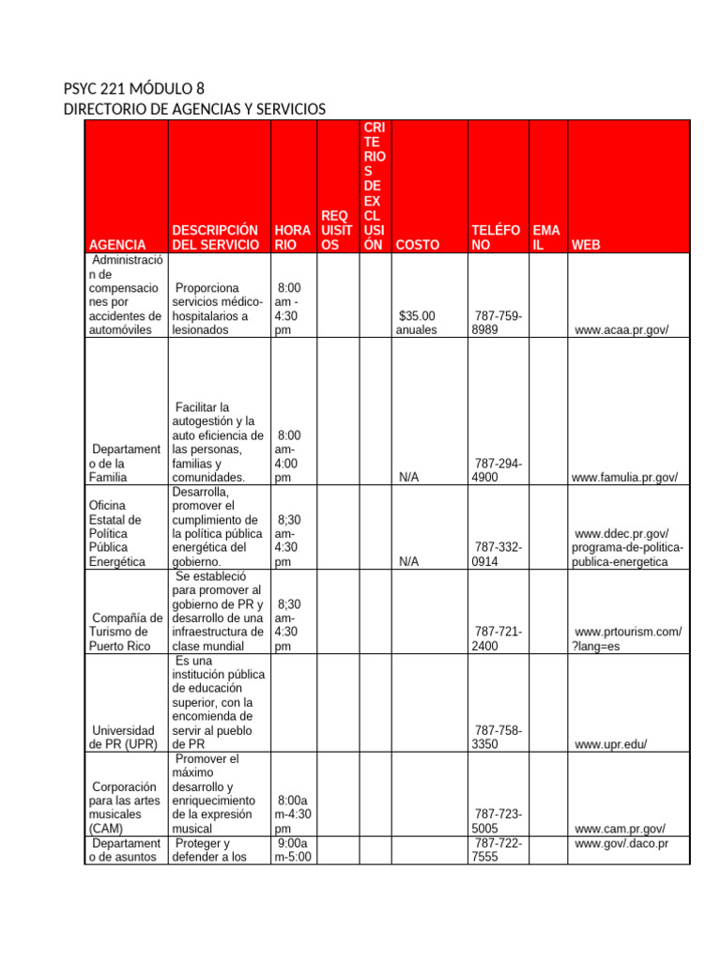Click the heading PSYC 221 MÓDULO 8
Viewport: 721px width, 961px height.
point(133,90)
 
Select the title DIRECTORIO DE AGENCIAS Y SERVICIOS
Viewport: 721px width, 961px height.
point(194,110)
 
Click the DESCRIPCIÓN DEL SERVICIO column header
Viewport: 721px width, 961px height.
point(216,237)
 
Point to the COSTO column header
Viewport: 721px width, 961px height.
point(418,245)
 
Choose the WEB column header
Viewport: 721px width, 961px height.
point(586,245)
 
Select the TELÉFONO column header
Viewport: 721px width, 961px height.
point(495,237)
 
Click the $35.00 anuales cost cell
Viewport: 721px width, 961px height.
point(417,323)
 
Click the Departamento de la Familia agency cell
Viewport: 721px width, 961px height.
point(124,464)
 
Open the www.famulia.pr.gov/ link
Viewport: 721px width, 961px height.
point(623,478)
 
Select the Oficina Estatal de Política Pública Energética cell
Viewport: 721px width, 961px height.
point(122,533)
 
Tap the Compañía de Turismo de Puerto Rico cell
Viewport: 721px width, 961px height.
point(124,631)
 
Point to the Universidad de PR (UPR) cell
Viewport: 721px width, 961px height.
point(122,737)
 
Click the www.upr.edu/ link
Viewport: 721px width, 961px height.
point(611,744)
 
